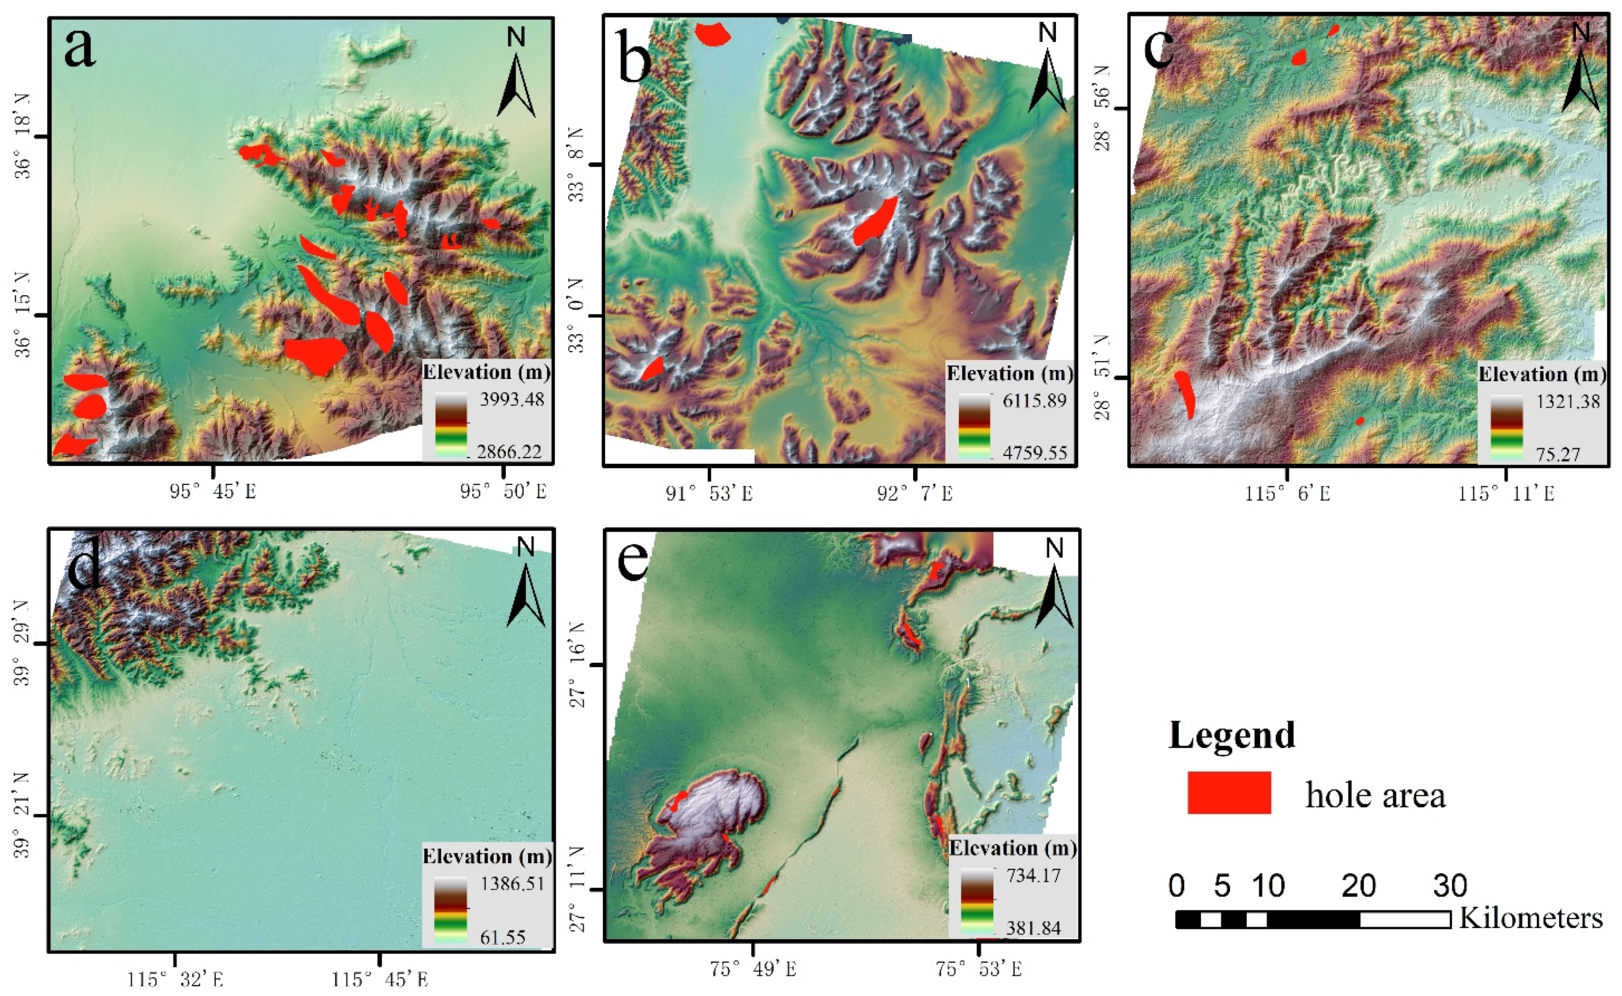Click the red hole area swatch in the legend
[x=1228, y=792]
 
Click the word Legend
[x=1231, y=735]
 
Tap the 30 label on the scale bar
[x=1450, y=887]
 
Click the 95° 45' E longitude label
[x=213, y=491]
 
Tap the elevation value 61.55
[x=502, y=937]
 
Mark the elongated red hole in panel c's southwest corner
[x=1184, y=393]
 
